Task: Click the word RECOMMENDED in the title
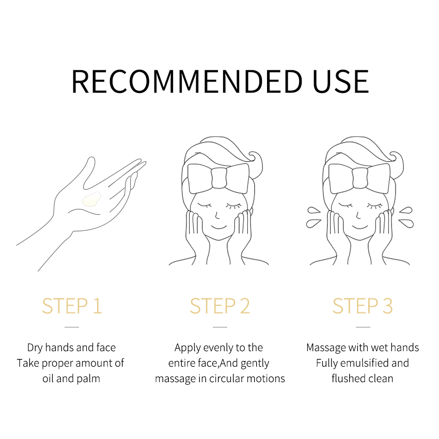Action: (187, 82)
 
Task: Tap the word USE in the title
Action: (341, 82)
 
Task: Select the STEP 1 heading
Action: (72, 306)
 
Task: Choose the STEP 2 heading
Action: (220, 306)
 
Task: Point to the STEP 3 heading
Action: (363, 306)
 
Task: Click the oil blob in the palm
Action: (91, 199)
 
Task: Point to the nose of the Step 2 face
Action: (217, 215)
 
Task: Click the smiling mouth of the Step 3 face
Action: (360, 226)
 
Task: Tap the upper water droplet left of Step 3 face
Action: (313, 211)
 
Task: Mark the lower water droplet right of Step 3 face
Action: (406, 224)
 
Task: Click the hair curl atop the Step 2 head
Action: (255, 157)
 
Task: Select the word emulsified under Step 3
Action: (365, 363)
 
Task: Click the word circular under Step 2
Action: (225, 379)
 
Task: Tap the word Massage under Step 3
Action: (325, 348)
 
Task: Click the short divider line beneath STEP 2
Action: (220, 327)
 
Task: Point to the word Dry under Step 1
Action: (35, 348)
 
